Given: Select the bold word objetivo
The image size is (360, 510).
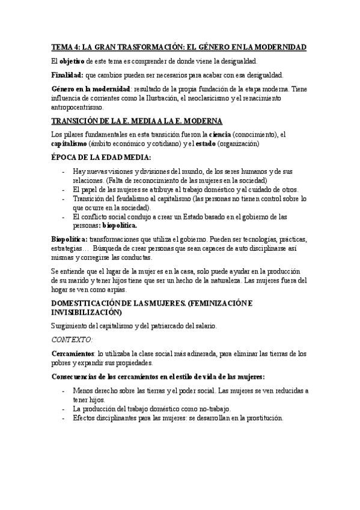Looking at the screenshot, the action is [72, 61].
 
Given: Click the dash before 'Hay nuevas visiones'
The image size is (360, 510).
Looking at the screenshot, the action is [64, 171].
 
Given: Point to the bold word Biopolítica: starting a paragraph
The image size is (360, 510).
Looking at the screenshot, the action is [69, 239].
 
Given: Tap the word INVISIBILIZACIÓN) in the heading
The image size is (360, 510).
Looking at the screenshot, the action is [85, 313].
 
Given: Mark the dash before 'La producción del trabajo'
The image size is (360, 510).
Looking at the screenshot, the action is [64, 409].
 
